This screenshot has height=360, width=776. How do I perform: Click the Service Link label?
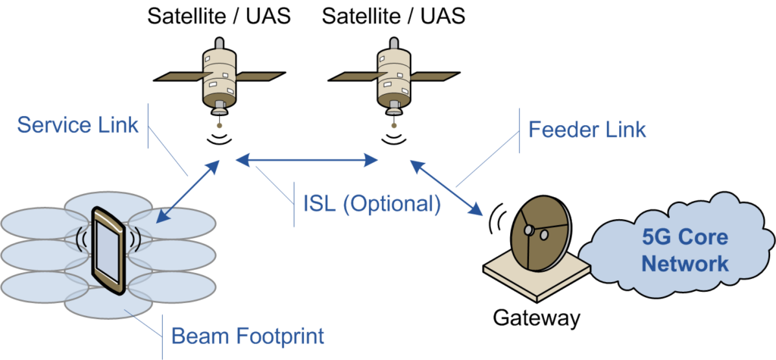point(78,124)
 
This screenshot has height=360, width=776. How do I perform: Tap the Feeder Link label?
point(587,129)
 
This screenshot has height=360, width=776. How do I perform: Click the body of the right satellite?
point(393,76)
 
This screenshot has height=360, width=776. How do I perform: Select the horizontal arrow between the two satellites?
point(307,159)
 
